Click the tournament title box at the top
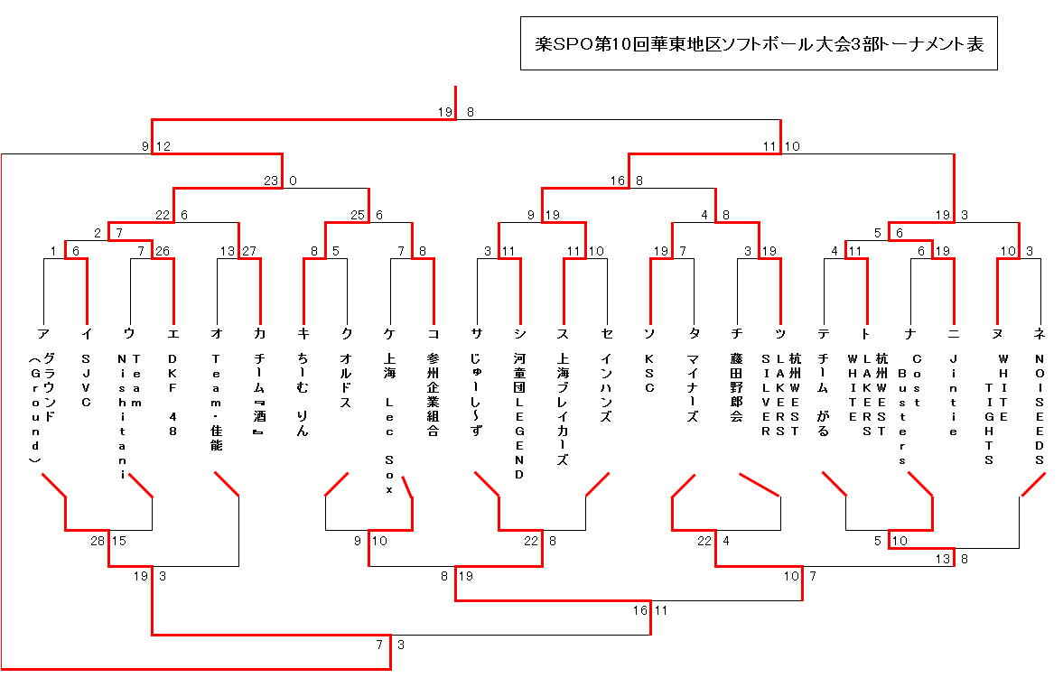coord(759,43)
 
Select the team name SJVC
coord(87,381)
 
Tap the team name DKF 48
coord(173,395)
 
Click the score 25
coord(359,215)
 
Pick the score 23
coord(272,181)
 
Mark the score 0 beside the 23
coord(293,181)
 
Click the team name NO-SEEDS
coord(1040,408)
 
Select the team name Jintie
coord(954,395)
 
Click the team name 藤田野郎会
coord(738,389)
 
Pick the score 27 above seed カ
coord(249,250)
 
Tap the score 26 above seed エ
coord(163,250)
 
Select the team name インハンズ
coord(607,389)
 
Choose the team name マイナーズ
coord(695,389)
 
